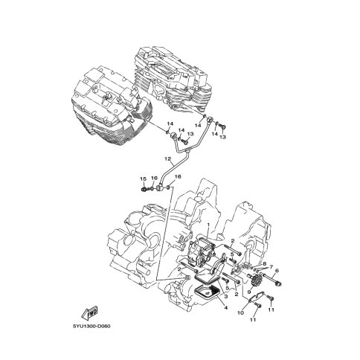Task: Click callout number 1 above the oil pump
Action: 208,225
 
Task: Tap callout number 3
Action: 226,296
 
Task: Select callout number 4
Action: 225,308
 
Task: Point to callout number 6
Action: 277,271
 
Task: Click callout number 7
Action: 271,267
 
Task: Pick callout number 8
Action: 265,263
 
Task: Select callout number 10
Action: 241,313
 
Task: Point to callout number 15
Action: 144,179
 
